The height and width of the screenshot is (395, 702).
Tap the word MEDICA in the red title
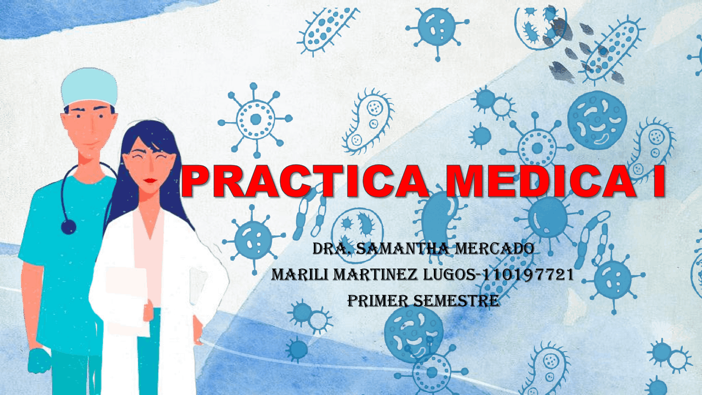(540, 181)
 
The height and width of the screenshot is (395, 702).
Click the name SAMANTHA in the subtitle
(403, 249)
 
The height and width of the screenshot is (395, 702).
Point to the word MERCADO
(495, 249)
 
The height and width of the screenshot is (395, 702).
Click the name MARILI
(299, 275)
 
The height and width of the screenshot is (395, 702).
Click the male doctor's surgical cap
(89, 86)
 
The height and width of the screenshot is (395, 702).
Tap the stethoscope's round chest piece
(69, 227)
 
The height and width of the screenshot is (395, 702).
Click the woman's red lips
(150, 180)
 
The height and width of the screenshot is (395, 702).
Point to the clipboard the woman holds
(127, 301)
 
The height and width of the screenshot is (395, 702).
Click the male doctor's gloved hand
(39, 360)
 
